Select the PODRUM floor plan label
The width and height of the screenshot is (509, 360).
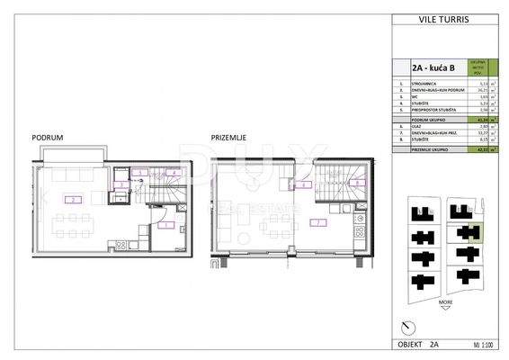coord(46,137)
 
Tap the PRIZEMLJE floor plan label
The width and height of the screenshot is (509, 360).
coord(228,137)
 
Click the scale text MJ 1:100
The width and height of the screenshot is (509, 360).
coord(486,345)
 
